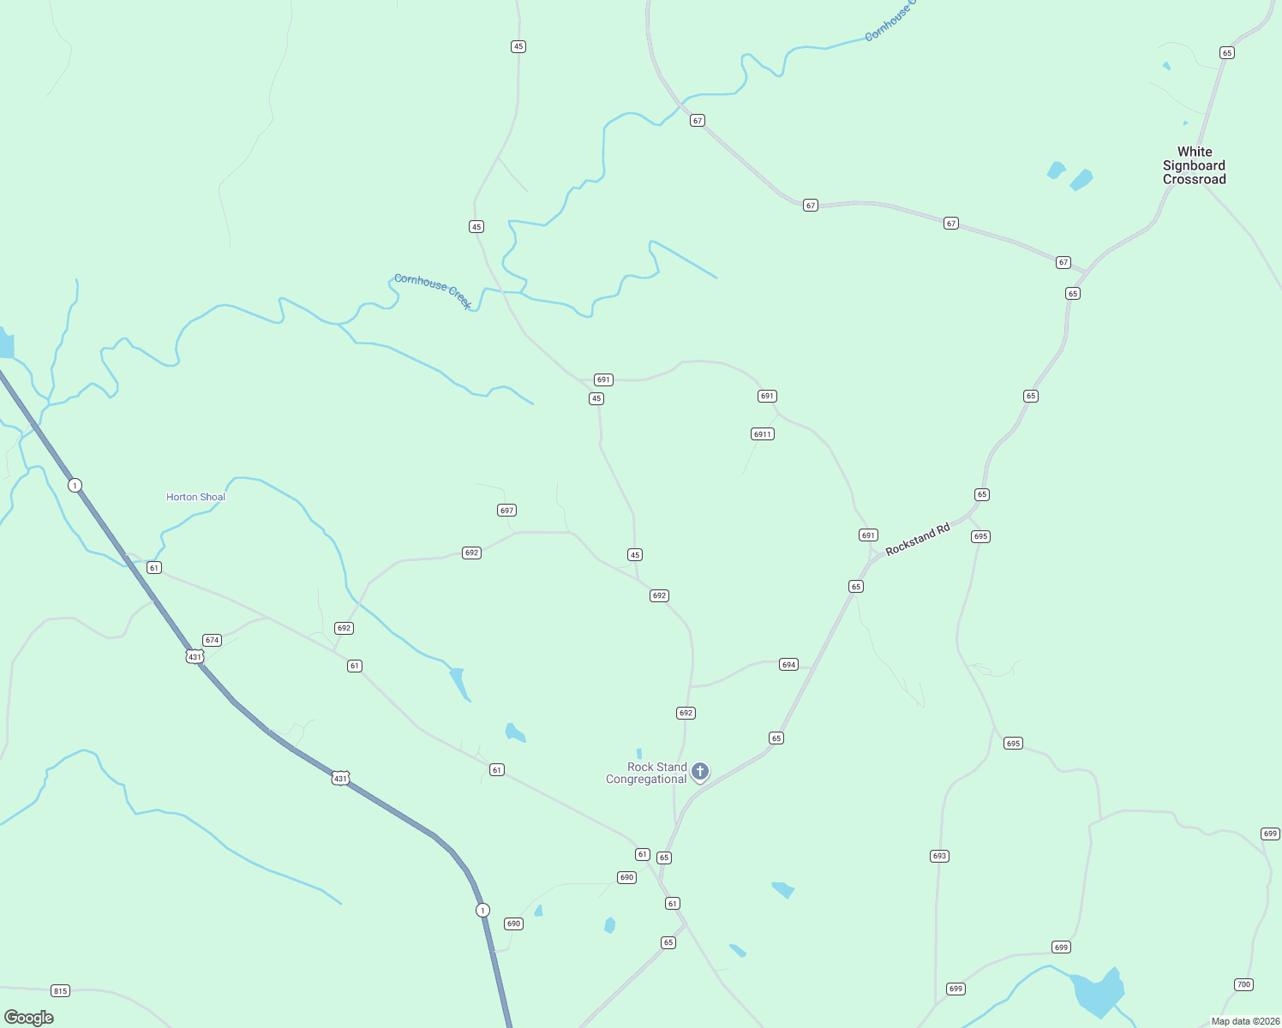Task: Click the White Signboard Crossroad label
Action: pyautogui.click(x=1194, y=165)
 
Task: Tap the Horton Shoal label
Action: pyautogui.click(x=195, y=497)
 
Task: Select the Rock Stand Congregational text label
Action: pyautogui.click(x=646, y=773)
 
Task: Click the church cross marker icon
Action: pyautogui.click(x=700, y=772)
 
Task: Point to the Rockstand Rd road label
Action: pyautogui.click(x=918, y=540)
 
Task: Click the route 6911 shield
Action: pyautogui.click(x=763, y=434)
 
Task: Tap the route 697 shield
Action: pyautogui.click(x=506, y=511)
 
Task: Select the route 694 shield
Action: pyautogui.click(x=789, y=665)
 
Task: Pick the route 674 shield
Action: pyautogui.click(x=212, y=640)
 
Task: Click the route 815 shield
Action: pyautogui.click(x=60, y=991)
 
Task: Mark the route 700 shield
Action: pyautogui.click(x=1243, y=984)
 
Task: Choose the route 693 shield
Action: pyautogui.click(x=939, y=856)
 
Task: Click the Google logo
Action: pyautogui.click(x=29, y=1018)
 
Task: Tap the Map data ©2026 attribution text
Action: pyautogui.click(x=1245, y=1021)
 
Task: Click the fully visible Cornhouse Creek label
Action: pyautogui.click(x=433, y=290)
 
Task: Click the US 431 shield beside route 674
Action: pyautogui.click(x=195, y=657)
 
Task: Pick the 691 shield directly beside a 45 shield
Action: pyautogui.click(x=603, y=380)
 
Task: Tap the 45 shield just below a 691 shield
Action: pyautogui.click(x=596, y=398)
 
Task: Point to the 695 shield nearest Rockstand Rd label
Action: pyautogui.click(x=980, y=536)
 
